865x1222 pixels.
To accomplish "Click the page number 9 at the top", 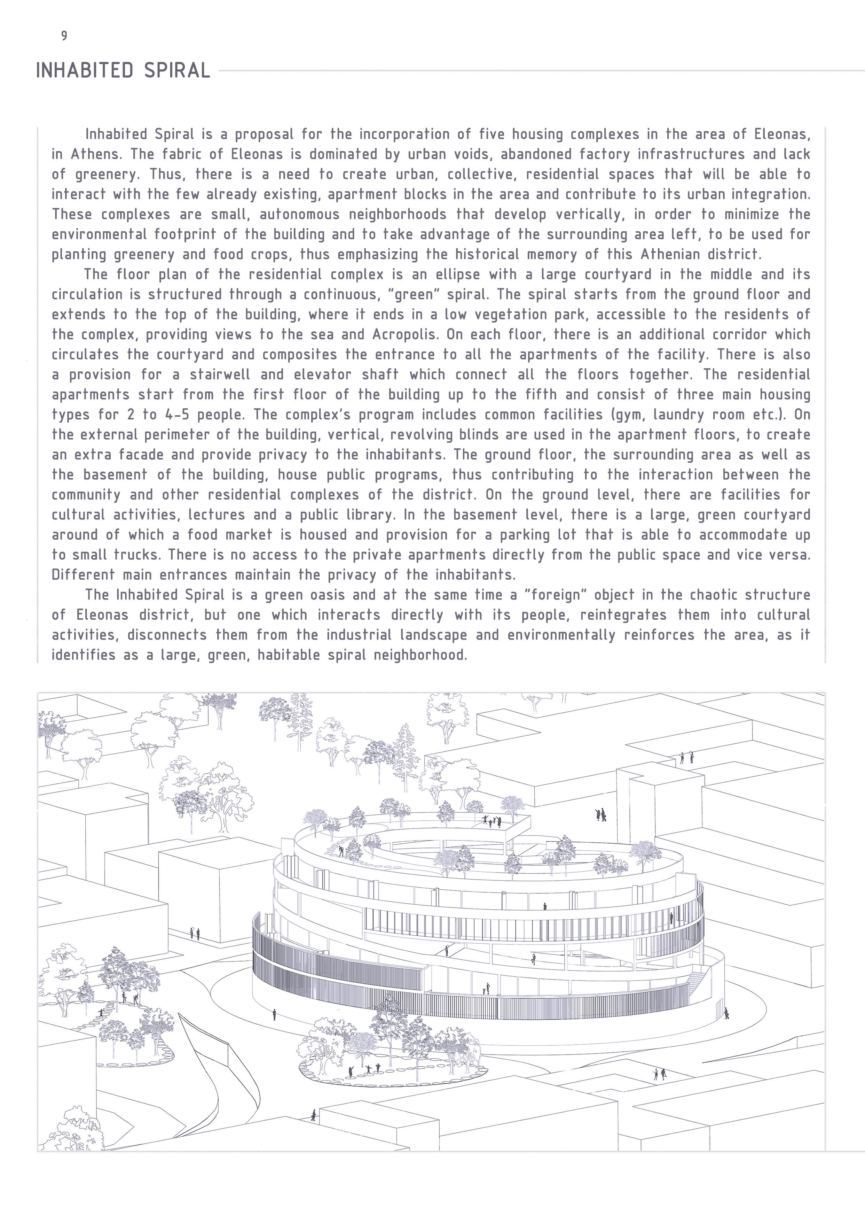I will coord(64,36).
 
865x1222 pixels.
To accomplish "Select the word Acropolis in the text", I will coord(405,335).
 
